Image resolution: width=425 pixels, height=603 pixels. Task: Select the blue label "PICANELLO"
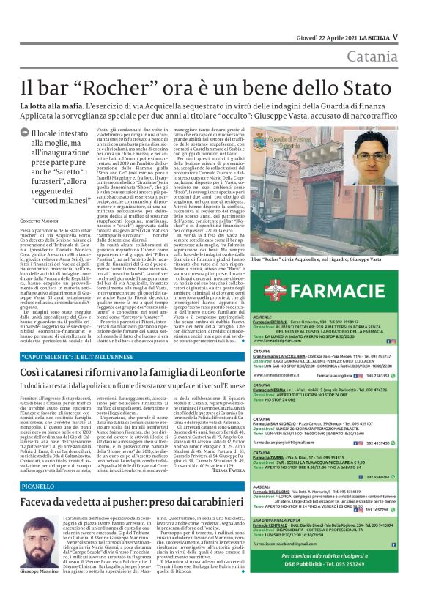(37, 485)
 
